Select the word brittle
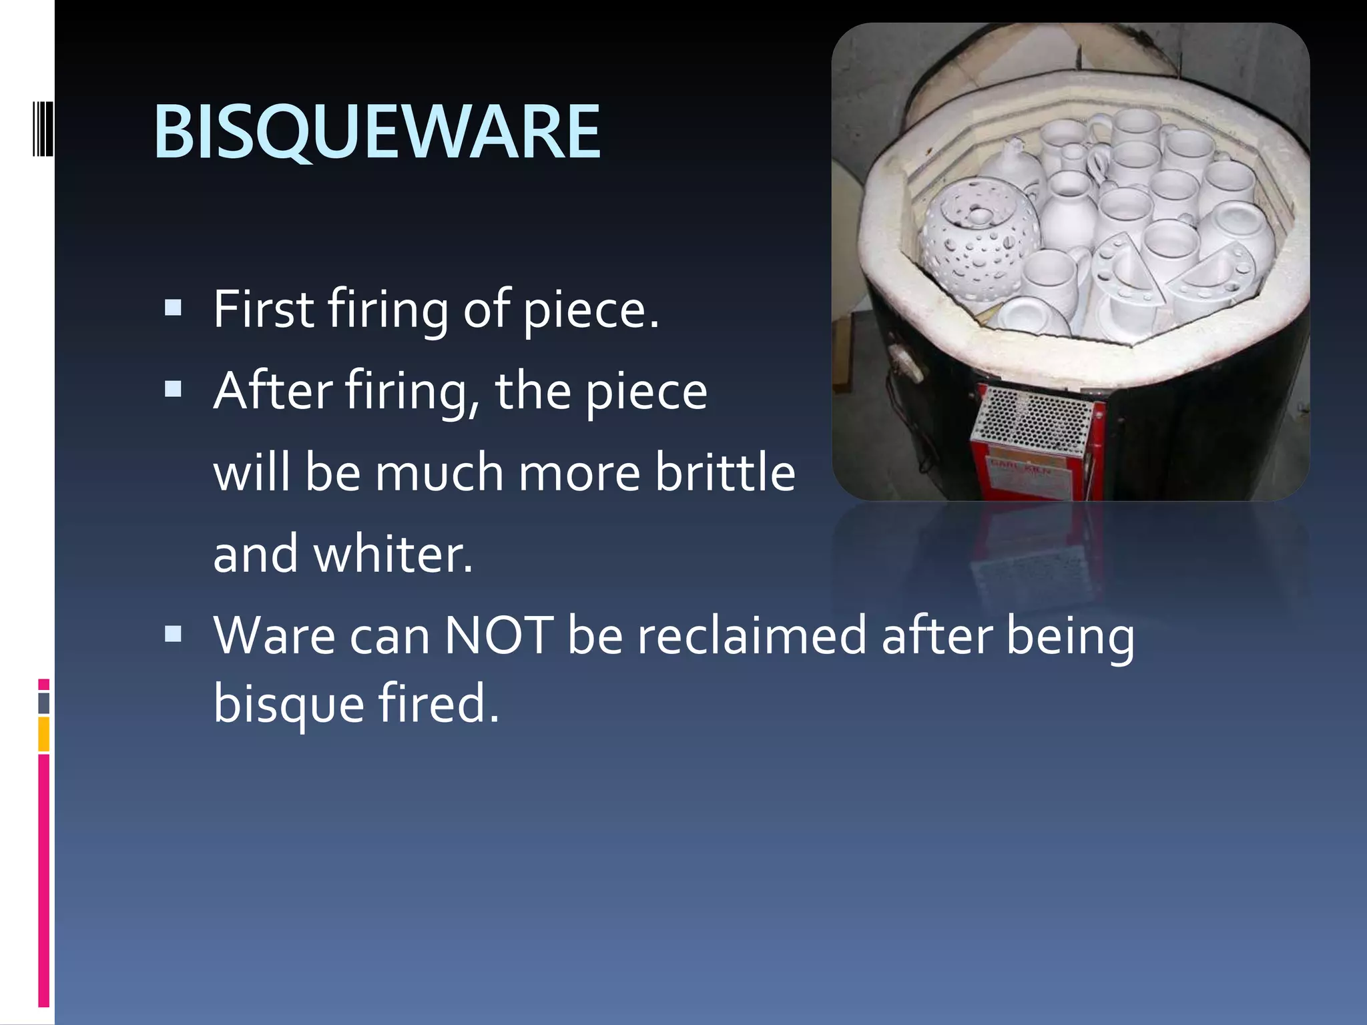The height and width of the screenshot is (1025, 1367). pyautogui.click(x=725, y=472)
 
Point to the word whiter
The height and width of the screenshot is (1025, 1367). pyautogui.click(x=392, y=555)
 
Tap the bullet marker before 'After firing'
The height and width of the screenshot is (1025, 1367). pyautogui.click(x=174, y=389)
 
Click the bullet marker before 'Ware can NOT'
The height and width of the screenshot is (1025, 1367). pyautogui.click(x=174, y=633)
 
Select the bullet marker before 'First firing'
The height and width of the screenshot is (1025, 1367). pyautogui.click(x=174, y=308)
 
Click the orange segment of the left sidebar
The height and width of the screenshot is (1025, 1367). pyautogui.click(x=44, y=733)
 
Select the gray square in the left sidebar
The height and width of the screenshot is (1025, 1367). pyautogui.click(x=44, y=703)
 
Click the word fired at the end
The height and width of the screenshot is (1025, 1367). pyautogui.click(x=438, y=705)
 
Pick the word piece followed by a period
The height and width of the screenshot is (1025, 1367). pyautogui.click(x=590, y=309)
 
